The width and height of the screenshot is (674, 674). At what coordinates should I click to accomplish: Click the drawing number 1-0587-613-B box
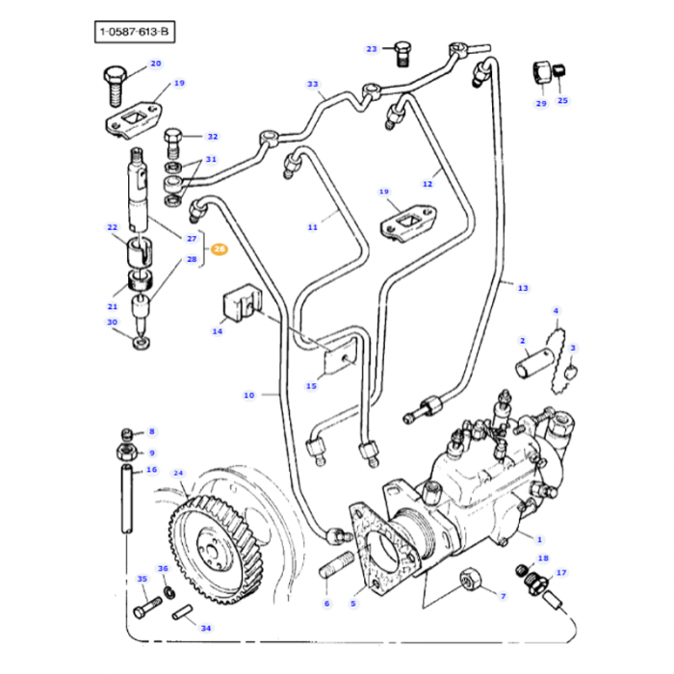tap(136, 34)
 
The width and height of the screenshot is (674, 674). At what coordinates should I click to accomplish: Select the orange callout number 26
tap(220, 249)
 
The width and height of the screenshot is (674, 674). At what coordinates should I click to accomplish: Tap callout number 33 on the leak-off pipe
tap(313, 85)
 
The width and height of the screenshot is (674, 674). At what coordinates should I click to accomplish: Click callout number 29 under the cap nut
tap(541, 103)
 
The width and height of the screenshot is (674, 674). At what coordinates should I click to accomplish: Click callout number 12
tap(428, 183)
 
